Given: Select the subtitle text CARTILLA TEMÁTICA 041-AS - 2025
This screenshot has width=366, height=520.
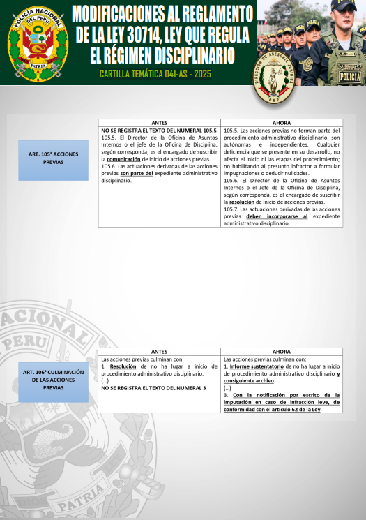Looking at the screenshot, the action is (155, 73).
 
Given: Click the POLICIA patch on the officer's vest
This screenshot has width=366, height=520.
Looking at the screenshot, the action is (349, 77).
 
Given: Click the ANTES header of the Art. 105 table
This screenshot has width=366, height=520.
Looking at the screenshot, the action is (160, 123).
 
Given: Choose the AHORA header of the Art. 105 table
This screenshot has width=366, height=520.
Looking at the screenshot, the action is (282, 123).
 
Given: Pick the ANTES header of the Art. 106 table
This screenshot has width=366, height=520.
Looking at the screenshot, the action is (160, 352).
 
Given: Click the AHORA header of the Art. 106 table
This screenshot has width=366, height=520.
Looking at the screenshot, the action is (282, 352).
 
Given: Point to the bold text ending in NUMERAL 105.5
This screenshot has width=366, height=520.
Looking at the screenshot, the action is (159, 131).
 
